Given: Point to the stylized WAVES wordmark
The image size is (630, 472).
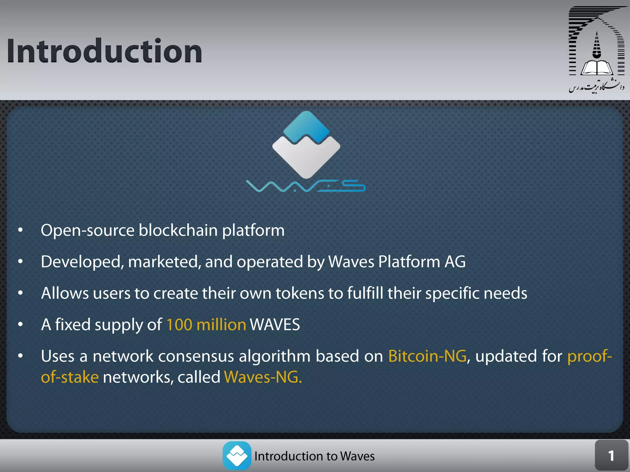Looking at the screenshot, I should (x=305, y=186).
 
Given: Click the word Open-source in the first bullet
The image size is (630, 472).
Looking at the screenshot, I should (x=88, y=230).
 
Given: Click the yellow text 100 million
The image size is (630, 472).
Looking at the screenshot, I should (x=206, y=324).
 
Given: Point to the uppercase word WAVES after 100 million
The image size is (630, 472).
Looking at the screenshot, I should (x=275, y=324).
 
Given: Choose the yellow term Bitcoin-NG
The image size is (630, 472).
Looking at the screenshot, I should (x=427, y=356).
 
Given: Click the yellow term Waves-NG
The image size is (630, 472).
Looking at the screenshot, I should (x=263, y=377).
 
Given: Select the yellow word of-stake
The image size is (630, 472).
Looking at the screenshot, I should (x=70, y=377).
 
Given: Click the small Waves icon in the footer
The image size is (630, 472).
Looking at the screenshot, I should (x=237, y=456).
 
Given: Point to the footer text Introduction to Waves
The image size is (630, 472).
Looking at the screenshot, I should (x=314, y=456).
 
